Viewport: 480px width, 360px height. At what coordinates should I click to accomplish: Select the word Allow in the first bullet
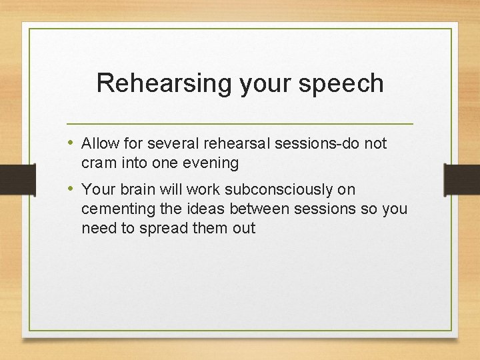(99, 143)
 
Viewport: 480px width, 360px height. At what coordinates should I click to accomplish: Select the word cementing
(113, 209)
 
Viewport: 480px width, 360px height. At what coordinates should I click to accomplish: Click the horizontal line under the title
(240, 124)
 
